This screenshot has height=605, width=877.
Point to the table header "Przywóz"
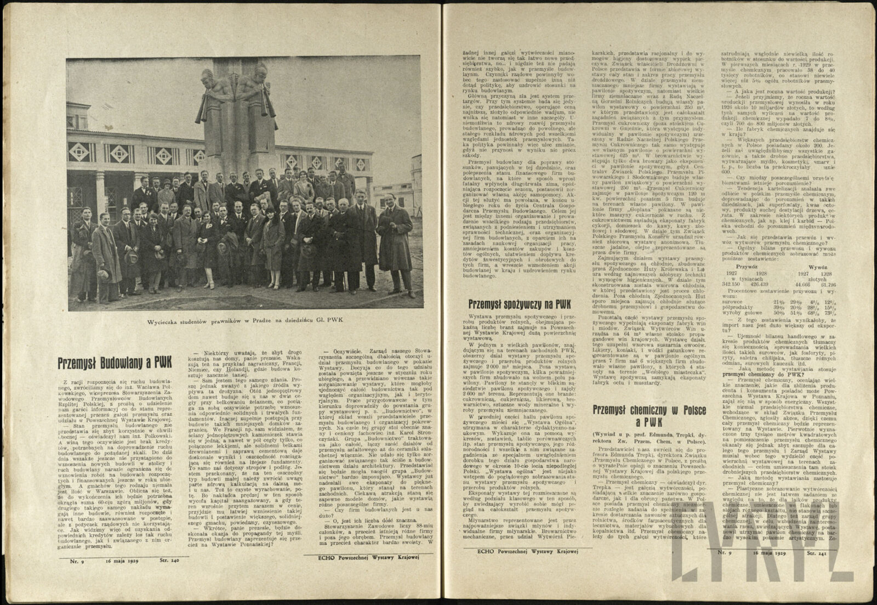point(745,263)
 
